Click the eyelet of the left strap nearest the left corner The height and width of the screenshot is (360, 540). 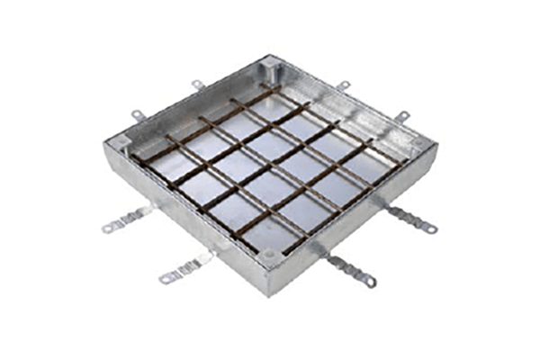point(109,229)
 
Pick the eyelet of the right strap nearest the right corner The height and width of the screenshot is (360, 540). point(431,230)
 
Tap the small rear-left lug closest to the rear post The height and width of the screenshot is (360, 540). point(198,85)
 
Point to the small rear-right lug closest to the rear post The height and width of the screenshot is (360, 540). point(343,86)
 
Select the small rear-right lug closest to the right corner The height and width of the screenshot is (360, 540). point(403,115)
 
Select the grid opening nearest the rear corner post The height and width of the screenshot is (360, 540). point(270,106)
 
